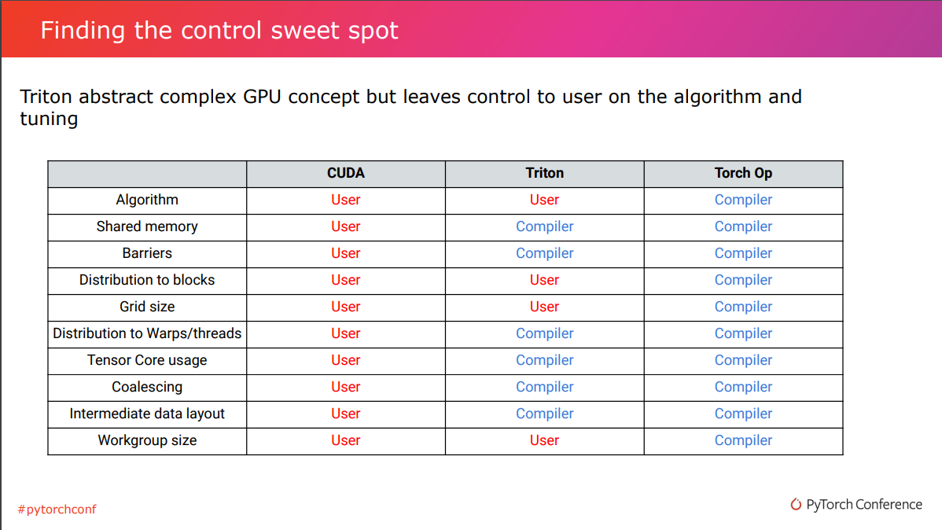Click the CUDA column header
coord(346,173)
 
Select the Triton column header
coord(544,173)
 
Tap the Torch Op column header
coord(743,173)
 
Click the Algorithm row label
coord(147,200)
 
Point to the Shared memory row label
coord(147,226)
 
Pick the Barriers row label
coord(147,253)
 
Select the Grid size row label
coord(147,307)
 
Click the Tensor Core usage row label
coord(147,360)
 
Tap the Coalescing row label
coord(147,387)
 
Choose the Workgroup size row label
coord(147,440)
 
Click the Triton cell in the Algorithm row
coord(544,200)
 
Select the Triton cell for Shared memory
coord(544,226)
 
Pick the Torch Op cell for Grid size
coord(743,307)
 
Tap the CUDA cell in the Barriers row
coord(346,253)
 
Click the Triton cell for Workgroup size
coord(544,440)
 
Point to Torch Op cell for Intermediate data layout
coord(743,414)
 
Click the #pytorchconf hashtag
coord(57,510)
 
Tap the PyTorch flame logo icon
coord(797,505)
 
